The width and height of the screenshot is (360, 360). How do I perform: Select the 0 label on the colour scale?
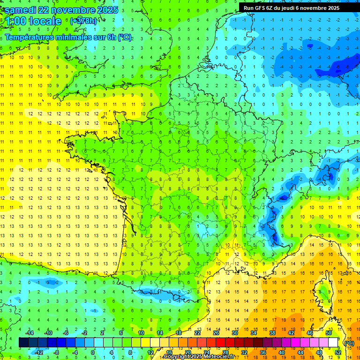point(93,352)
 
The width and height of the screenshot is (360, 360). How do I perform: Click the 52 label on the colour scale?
point(338,352)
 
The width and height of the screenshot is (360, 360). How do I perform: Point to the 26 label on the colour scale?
point(216,333)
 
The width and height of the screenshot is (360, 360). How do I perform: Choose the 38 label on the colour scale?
point(272,333)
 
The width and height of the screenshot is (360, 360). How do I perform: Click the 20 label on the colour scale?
point(188,352)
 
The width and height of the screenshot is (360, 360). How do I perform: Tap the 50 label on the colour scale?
point(329,333)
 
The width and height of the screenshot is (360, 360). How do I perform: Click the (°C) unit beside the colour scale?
point(349,343)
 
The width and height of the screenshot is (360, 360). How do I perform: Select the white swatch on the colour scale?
point(333,343)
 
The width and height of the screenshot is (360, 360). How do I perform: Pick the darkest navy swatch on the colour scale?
point(24,343)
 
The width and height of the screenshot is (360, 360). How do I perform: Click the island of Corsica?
point(323,293)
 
